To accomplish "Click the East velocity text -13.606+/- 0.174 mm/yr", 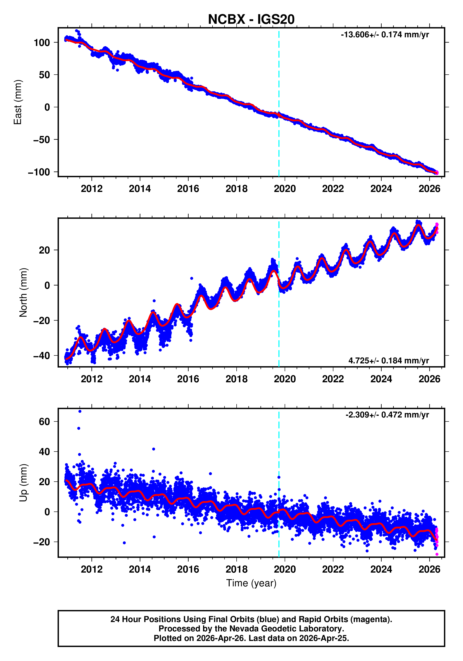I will tap(384, 35).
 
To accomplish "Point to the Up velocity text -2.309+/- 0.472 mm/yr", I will tap(387, 415).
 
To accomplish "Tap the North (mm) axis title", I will tap(23, 292).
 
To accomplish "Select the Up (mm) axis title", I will tap(23, 483).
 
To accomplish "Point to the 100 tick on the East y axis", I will tap(42, 43).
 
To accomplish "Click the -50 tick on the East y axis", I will tap(42, 140).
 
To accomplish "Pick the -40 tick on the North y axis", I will tap(42, 356).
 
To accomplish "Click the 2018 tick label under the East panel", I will tap(236, 189).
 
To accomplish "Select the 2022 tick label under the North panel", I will tap(333, 379).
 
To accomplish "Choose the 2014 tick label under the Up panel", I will tap(140, 569).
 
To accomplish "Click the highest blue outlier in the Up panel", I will tap(80, 411).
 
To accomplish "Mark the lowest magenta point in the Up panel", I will tap(437, 554).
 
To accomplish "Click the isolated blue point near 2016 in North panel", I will tap(192, 278).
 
